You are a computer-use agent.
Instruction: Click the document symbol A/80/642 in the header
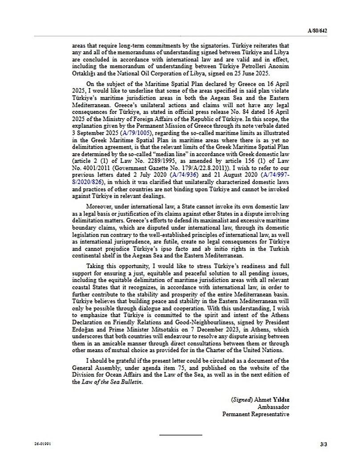click(x=317, y=31)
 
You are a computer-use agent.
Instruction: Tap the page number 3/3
click(x=323, y=444)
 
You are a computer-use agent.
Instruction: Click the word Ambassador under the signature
click(x=274, y=407)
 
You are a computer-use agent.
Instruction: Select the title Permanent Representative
click(x=256, y=414)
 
